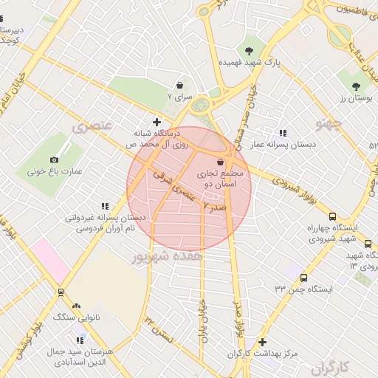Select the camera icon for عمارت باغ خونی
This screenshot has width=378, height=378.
(x=54, y=160)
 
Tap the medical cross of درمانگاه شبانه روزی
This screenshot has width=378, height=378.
(x=157, y=122)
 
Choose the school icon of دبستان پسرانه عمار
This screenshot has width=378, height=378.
(x=283, y=133)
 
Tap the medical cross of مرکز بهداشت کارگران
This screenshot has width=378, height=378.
(x=263, y=342)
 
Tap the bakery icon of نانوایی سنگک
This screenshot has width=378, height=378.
(x=76, y=305)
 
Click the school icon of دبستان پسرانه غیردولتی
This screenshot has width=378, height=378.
(x=104, y=207)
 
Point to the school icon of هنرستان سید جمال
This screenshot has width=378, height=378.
(x=80, y=340)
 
